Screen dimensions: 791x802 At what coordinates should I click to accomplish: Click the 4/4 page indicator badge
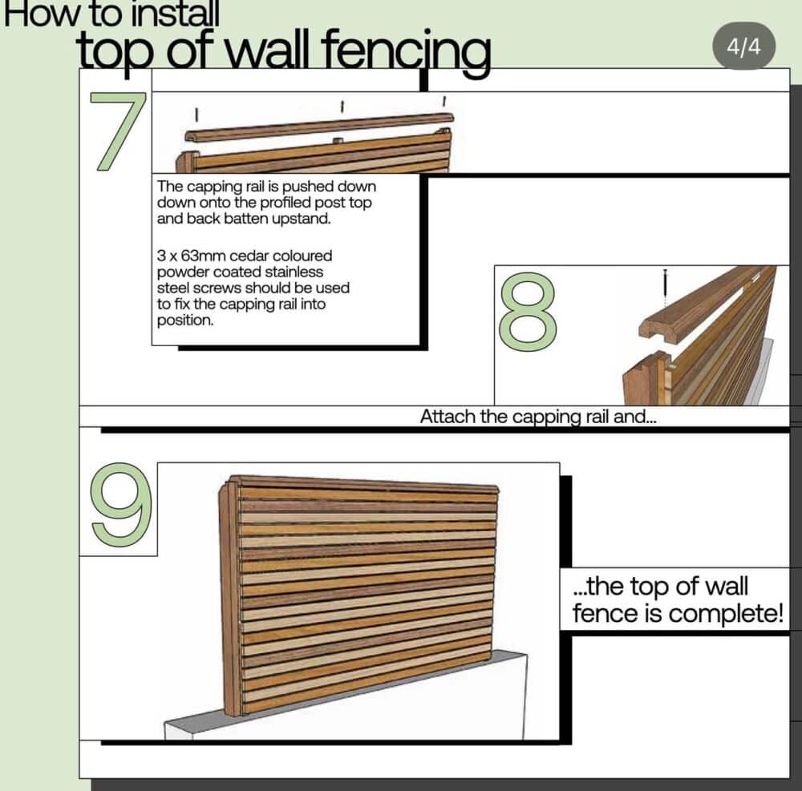point(743,46)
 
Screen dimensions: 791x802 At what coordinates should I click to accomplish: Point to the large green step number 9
point(120,505)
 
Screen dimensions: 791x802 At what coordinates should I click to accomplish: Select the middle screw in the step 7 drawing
point(342,105)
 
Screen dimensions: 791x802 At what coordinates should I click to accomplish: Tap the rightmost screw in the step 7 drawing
point(444,100)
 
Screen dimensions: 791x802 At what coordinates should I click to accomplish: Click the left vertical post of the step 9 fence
point(229,601)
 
